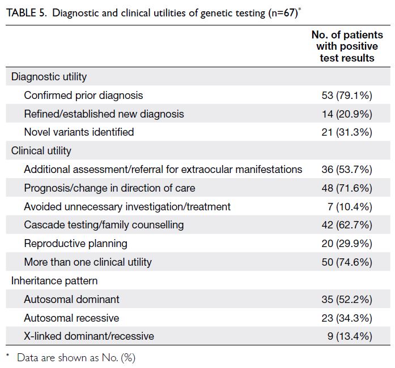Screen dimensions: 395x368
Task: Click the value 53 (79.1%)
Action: pos(347,96)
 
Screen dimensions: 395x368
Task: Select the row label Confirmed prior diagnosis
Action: pos(83,96)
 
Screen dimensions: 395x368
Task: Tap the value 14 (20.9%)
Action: pos(347,114)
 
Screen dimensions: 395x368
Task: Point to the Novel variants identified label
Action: pos(79,132)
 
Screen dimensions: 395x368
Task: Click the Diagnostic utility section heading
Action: pos(49,77)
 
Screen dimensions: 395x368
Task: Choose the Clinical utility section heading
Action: pos(41,151)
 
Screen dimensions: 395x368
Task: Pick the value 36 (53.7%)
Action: pos(347,170)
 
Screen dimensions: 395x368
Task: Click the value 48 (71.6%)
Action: pos(347,188)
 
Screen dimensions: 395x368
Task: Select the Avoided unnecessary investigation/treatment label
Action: pos(127,207)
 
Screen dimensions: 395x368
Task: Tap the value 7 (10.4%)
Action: pos(350,207)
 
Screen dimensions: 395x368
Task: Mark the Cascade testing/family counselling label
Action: pos(104,225)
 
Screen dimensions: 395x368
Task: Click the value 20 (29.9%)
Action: pos(347,244)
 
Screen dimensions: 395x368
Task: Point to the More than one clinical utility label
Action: pos(88,262)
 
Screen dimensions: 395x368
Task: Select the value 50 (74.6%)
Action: pos(347,262)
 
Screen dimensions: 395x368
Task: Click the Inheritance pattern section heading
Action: pos(54,281)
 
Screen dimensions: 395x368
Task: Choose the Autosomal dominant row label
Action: pos(71,300)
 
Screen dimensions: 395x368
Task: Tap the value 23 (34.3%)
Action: pos(347,318)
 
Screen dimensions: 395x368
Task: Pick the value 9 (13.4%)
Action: pos(350,336)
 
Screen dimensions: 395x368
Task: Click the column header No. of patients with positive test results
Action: pos(347,46)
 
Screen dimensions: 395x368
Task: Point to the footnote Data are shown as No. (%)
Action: pos(76,358)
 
